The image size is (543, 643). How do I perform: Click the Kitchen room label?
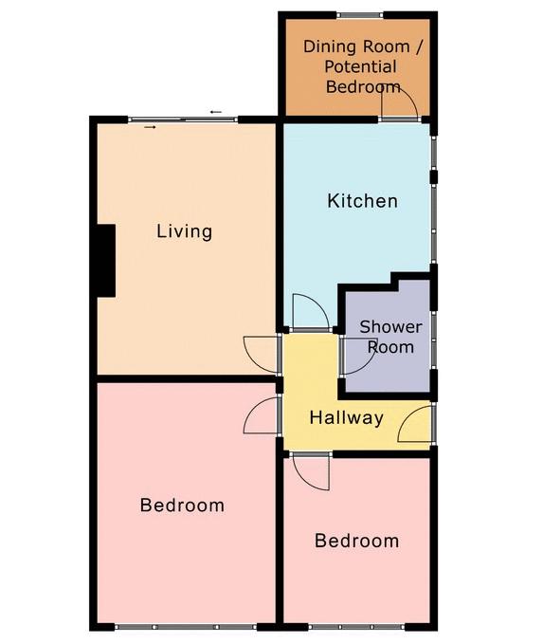coord(362,201)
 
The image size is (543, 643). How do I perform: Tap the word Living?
coord(185,231)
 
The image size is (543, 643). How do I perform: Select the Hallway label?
coord(346,418)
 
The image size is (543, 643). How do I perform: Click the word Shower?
coord(390,327)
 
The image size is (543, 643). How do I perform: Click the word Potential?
coord(360,66)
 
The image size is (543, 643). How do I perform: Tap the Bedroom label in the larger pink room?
coord(182,505)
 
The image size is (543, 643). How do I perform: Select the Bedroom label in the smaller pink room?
coord(356,541)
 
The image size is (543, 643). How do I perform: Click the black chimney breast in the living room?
coord(106,261)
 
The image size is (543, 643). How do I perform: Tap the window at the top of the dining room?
coord(360,15)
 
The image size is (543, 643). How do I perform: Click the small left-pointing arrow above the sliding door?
coord(216,112)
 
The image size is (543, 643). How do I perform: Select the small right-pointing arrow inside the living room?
coord(150,127)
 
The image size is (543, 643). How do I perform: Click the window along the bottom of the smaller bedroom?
coord(356,627)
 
